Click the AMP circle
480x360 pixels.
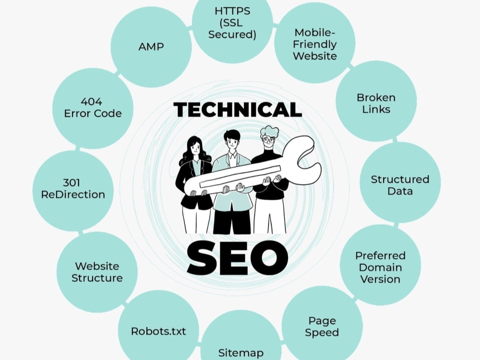[x=151, y=47]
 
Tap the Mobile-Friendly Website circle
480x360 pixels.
[x=315, y=43]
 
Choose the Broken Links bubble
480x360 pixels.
[x=376, y=101]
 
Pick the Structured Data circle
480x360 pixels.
[x=400, y=182]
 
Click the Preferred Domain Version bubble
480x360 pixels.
[x=380, y=265]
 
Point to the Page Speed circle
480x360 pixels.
[x=322, y=326]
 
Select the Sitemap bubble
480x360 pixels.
[x=240, y=340]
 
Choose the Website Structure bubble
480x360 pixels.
[x=97, y=272]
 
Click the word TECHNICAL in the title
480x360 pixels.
[x=238, y=109]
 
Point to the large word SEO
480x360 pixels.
[x=238, y=257]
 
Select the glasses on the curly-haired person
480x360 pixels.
[x=268, y=140]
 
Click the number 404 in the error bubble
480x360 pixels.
[x=91, y=102]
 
